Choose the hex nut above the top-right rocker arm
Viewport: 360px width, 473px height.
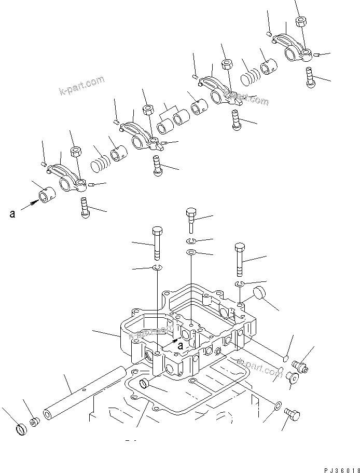(x=300, y=21)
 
